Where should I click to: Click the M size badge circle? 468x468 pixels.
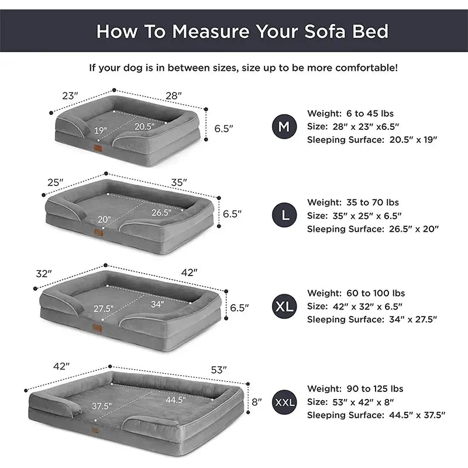[x=284, y=126]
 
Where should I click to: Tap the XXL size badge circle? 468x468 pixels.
[x=284, y=402]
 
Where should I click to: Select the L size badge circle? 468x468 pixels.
[x=284, y=215]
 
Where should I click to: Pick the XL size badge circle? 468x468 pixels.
[x=284, y=306]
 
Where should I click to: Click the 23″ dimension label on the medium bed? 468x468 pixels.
[x=70, y=96]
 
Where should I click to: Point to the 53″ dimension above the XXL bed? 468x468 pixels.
[x=219, y=370]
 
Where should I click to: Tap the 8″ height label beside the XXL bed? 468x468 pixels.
[x=257, y=402]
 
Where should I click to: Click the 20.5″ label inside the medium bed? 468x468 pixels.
[x=144, y=126]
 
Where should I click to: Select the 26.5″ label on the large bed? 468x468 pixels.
[x=161, y=212]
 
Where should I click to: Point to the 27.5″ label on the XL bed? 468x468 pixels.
[x=104, y=308]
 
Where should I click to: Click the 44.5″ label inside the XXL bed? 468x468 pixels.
[x=175, y=400]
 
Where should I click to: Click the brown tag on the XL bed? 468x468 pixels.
[x=97, y=328]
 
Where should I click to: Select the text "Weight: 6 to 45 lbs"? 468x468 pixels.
[x=350, y=113]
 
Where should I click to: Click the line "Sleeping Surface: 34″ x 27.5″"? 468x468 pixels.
[x=372, y=319]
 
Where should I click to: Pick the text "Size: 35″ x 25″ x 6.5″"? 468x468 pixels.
[x=355, y=215]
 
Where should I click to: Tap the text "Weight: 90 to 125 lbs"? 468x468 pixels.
[x=355, y=388]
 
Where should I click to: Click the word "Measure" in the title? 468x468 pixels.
[x=211, y=32]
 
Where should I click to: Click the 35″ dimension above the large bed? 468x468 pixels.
[x=179, y=183]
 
